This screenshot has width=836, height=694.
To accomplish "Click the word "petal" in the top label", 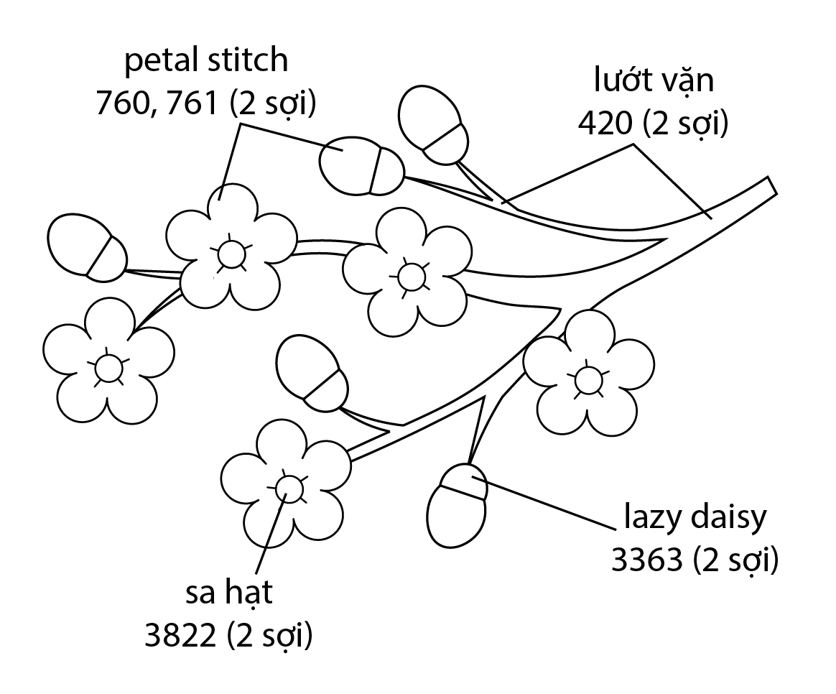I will pyautogui.click(x=158, y=62).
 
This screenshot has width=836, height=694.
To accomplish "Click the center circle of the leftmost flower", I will pyautogui.click(x=108, y=369).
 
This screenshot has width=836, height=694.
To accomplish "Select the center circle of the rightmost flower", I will pyautogui.click(x=588, y=379).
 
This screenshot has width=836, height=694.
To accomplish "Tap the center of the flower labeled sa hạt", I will pyautogui.click(x=289, y=487).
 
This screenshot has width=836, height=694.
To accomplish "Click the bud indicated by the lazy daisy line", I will pyautogui.click(x=457, y=506).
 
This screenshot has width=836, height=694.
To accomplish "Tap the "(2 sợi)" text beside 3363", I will pyautogui.click(x=736, y=560).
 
